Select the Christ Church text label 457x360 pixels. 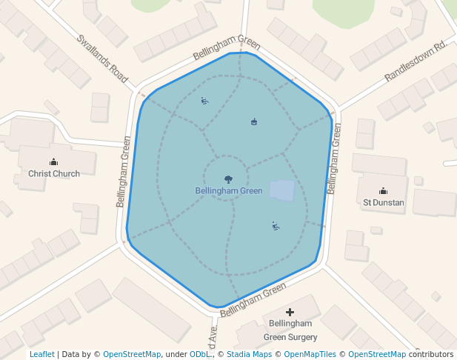(54, 174)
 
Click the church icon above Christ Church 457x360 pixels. (53, 162)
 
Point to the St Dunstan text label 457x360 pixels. (383, 202)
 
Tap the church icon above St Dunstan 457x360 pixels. (383, 190)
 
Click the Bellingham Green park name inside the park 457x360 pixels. (229, 191)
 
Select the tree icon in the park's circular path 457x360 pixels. (228, 179)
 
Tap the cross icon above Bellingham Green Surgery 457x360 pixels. (290, 313)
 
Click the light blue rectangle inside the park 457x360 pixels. (281, 191)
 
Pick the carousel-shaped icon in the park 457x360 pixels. (254, 121)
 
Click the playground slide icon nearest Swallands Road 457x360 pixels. (204, 101)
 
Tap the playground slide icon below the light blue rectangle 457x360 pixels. (276, 226)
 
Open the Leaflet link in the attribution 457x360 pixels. (42, 355)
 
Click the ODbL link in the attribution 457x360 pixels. (199, 355)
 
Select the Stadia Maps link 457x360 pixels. (249, 355)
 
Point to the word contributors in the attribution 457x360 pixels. (431, 355)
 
